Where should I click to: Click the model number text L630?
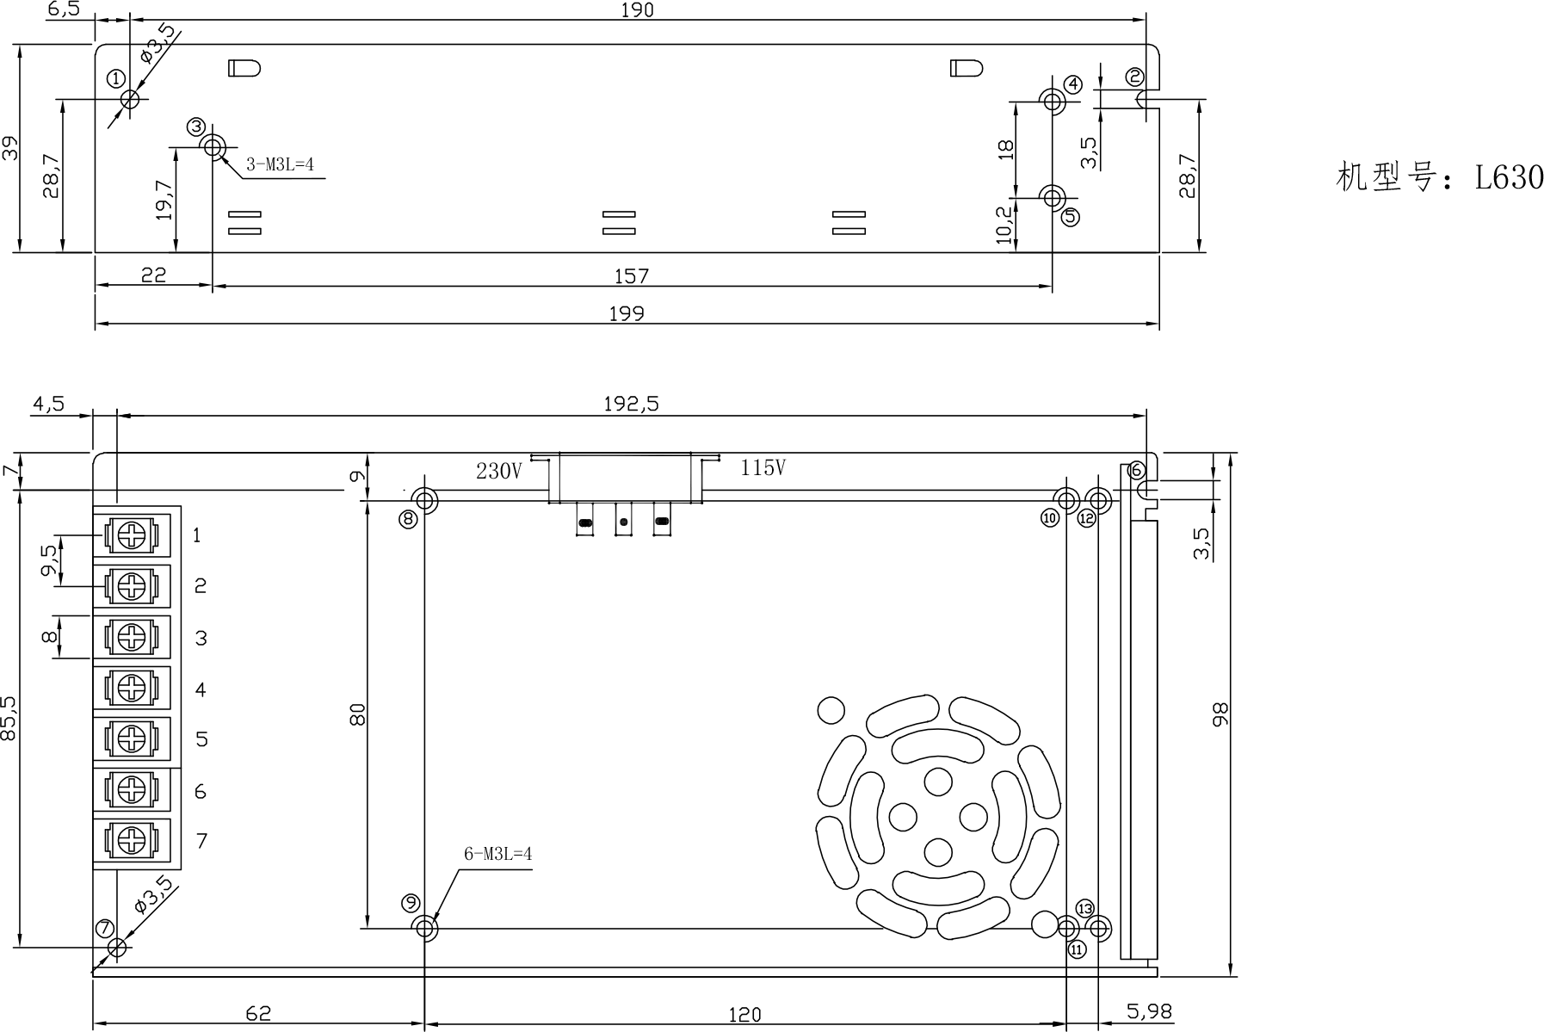[x=1509, y=178]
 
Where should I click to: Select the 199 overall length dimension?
[x=627, y=313]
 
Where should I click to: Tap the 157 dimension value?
[x=631, y=276]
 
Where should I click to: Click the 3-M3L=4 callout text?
[x=280, y=164]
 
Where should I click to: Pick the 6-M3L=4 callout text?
[x=497, y=854]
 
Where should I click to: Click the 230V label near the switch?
[x=498, y=472]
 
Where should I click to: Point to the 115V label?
[x=763, y=468]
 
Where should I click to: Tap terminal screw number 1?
[x=130, y=536]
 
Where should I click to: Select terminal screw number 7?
[x=130, y=839]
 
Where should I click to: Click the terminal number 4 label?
[x=201, y=689]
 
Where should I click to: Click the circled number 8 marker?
[x=408, y=518]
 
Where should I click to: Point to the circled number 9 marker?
[x=411, y=903]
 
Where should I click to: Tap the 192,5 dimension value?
[x=631, y=404]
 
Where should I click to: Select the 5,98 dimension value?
[x=1149, y=1012]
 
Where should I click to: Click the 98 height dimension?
[x=1220, y=714]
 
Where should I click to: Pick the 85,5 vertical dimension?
[x=9, y=718]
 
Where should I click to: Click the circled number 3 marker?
[x=196, y=127]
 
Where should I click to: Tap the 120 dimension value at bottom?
[x=744, y=1015]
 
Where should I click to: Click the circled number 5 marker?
[x=1070, y=217]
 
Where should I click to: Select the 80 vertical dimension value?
[x=358, y=714]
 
